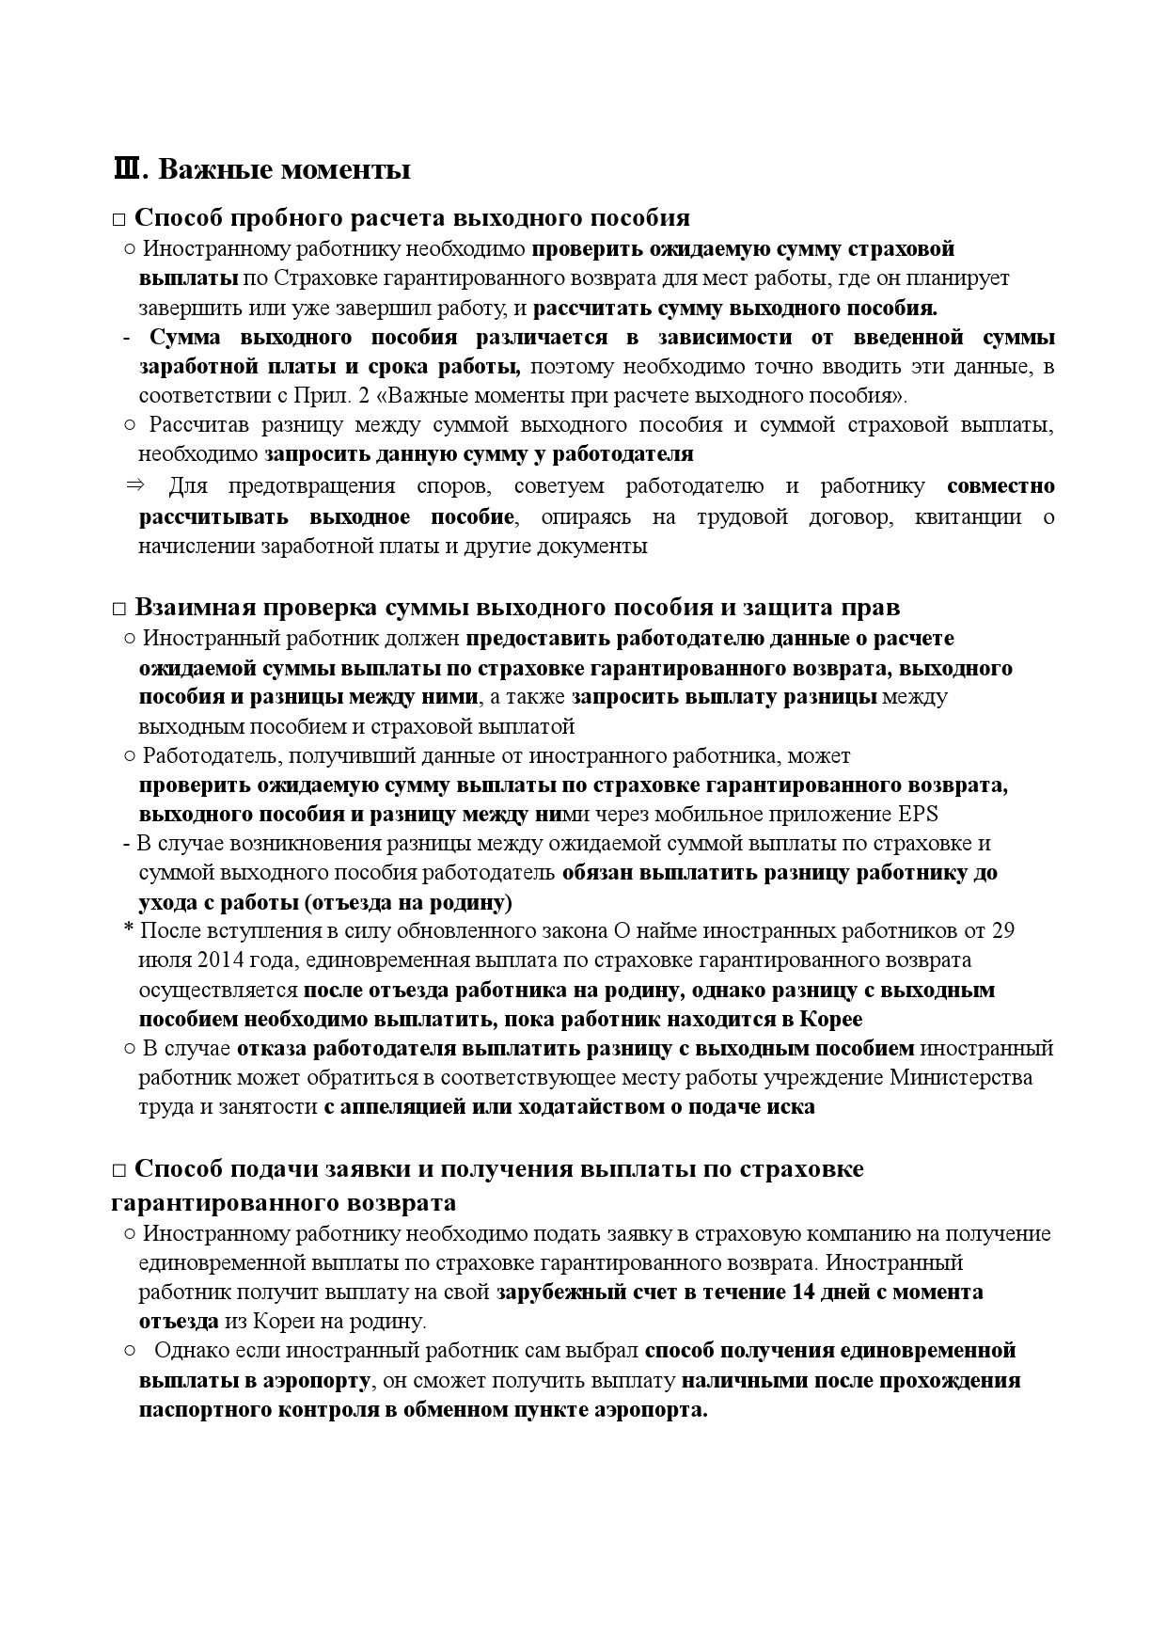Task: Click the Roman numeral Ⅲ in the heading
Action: (126, 170)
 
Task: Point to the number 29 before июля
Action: (1002, 930)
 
